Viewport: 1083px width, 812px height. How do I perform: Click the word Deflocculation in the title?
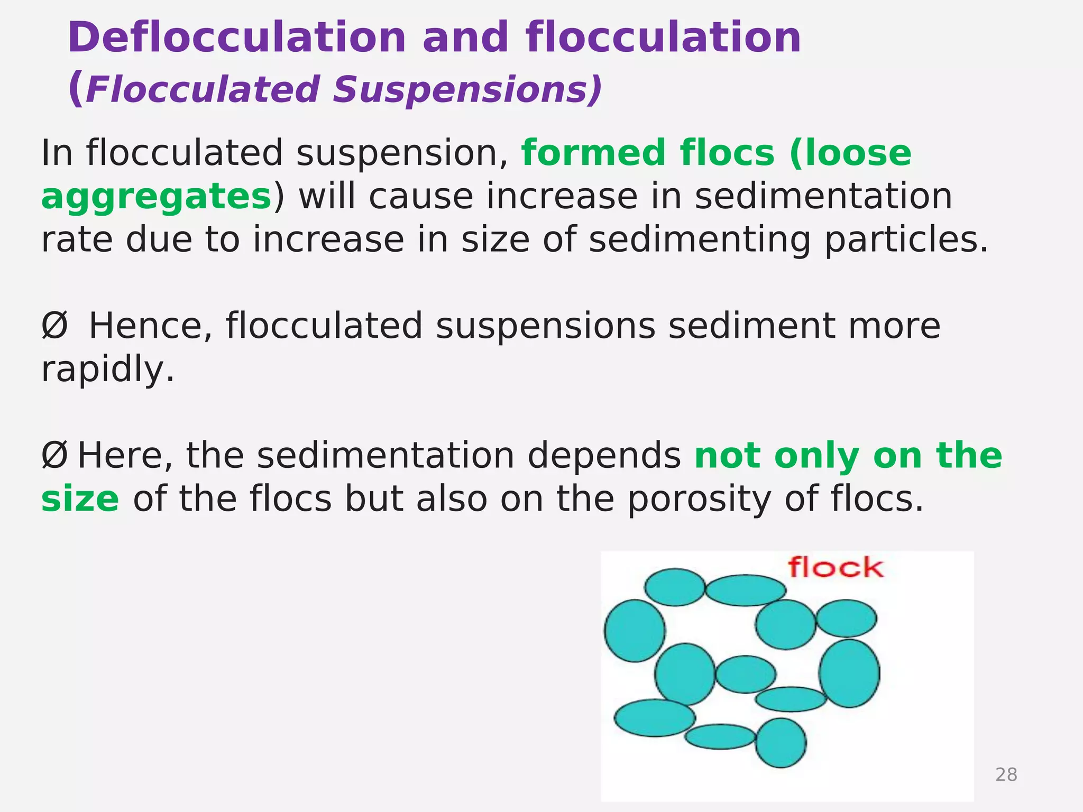(236, 38)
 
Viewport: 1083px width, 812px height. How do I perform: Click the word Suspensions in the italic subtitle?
(467, 90)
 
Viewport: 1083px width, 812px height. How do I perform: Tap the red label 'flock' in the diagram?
(836, 568)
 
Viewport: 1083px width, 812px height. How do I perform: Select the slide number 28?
(1006, 774)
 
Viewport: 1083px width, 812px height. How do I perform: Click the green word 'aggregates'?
(157, 197)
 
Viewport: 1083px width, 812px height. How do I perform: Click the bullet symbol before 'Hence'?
(54, 326)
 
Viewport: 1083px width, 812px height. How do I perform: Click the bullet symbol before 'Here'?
(54, 456)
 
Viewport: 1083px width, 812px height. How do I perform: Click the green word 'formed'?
(594, 153)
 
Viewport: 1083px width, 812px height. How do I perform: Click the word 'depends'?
(604, 456)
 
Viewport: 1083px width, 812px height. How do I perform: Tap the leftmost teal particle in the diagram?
(635, 630)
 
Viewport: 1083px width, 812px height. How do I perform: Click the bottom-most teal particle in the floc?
(781, 742)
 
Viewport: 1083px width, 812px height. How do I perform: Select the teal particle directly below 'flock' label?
(786, 624)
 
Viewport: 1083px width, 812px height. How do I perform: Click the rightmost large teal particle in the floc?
(849, 673)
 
